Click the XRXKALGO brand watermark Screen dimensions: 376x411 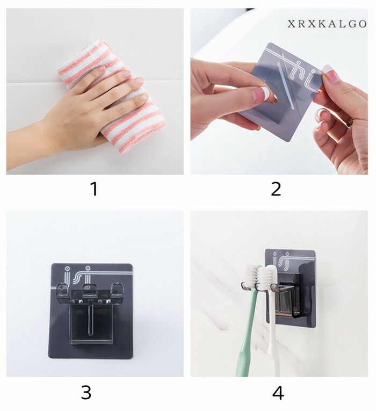click(327, 24)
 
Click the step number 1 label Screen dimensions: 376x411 click(94, 189)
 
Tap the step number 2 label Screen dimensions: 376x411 click(276, 189)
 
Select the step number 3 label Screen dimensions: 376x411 click(86, 392)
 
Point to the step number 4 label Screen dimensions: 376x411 click(278, 393)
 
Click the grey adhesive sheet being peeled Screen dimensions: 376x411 click(280, 92)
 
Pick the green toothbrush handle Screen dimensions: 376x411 click(247, 333)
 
